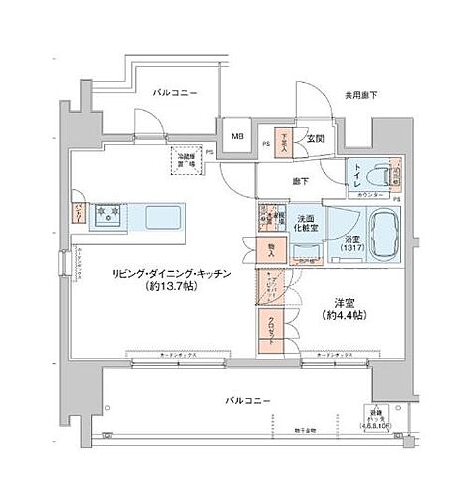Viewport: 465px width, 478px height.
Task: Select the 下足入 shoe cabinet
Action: [284, 141]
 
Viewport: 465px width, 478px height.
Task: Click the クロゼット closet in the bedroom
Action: [270, 326]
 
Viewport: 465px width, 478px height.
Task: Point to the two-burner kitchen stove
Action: [108, 213]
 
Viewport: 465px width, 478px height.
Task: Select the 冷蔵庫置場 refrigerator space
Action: [187, 159]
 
